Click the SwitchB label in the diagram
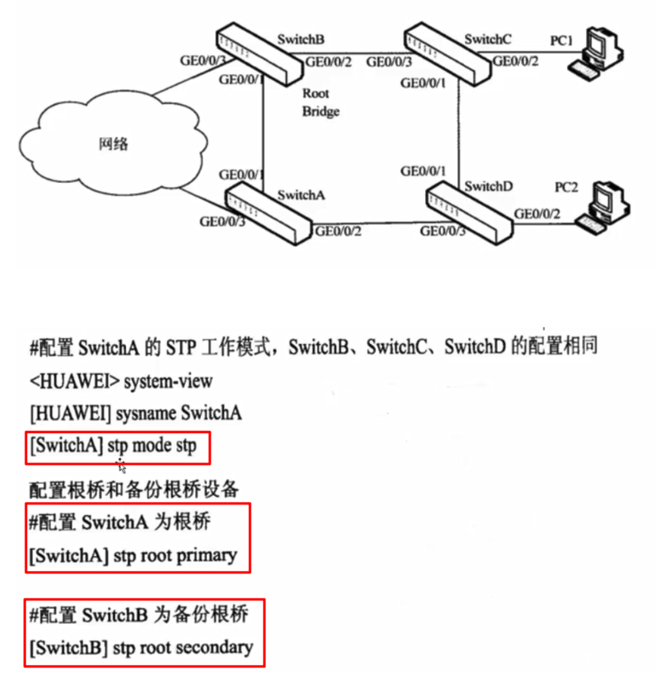[x=301, y=40]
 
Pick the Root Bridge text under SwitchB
[x=320, y=102]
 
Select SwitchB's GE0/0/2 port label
[x=328, y=62]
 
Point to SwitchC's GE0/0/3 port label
[x=389, y=62]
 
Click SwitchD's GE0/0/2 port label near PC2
[x=537, y=214]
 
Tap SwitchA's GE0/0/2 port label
[x=338, y=231]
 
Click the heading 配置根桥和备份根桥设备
[x=134, y=489]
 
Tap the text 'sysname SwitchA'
[x=178, y=413]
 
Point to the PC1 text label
[x=562, y=41]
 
